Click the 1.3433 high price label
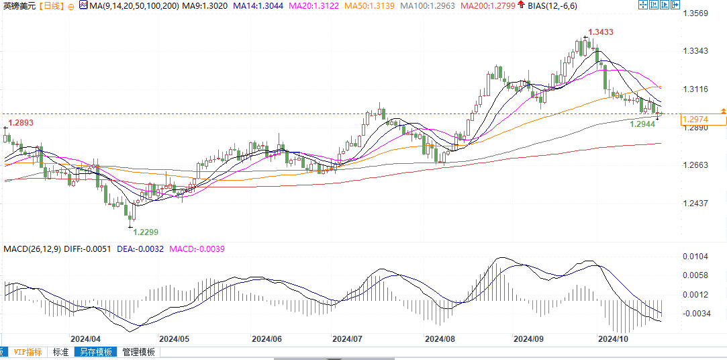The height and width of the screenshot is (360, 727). click(600, 32)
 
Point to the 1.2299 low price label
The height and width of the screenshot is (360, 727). click(146, 232)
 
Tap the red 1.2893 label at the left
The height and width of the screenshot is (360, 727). click(20, 123)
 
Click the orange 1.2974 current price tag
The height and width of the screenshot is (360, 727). click(694, 120)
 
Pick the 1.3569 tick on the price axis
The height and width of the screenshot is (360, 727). click(695, 13)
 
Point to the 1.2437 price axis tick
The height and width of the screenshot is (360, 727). click(695, 203)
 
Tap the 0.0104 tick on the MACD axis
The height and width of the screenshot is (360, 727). click(695, 257)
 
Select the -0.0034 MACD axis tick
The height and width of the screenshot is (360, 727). click(697, 313)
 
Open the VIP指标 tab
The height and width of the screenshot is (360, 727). click(28, 351)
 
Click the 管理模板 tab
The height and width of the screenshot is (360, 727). click(138, 351)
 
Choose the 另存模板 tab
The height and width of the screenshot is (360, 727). click(94, 351)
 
